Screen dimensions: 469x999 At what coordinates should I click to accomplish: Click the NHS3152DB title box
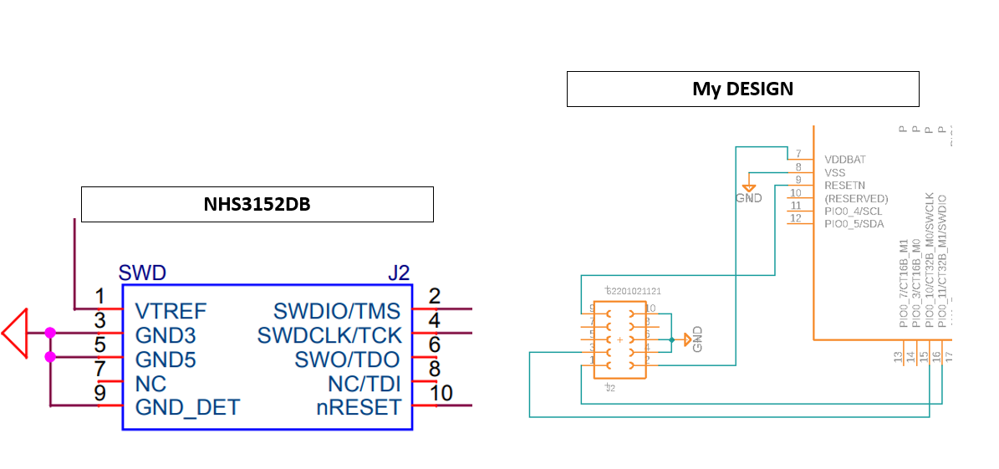[x=257, y=204]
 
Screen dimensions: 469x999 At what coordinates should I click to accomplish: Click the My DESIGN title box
[x=742, y=89]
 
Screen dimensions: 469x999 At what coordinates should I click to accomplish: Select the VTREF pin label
[x=171, y=312]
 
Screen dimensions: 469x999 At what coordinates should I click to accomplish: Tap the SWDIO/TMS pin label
[x=336, y=312]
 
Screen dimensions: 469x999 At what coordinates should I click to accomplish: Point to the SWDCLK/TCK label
[x=329, y=336]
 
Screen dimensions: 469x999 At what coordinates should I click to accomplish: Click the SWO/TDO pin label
[x=347, y=360]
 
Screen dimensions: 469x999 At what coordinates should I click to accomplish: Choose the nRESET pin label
[x=358, y=408]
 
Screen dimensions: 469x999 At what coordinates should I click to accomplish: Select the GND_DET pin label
[x=187, y=408]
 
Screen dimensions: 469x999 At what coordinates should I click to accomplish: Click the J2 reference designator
[x=399, y=273]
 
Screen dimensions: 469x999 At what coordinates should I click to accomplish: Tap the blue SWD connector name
[x=142, y=273]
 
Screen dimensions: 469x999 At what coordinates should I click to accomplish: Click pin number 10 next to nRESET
[x=441, y=393]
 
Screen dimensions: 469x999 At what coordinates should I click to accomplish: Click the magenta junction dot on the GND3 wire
[x=50, y=333]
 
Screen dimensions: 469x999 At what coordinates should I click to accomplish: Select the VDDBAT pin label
[x=845, y=159]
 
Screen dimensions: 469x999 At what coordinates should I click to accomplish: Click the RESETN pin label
[x=844, y=185]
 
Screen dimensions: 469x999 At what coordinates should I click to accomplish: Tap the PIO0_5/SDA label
[x=854, y=224]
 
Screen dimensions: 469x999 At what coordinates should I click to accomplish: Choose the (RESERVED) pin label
[x=856, y=198]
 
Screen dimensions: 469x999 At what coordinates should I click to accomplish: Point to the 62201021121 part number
[x=633, y=291]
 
